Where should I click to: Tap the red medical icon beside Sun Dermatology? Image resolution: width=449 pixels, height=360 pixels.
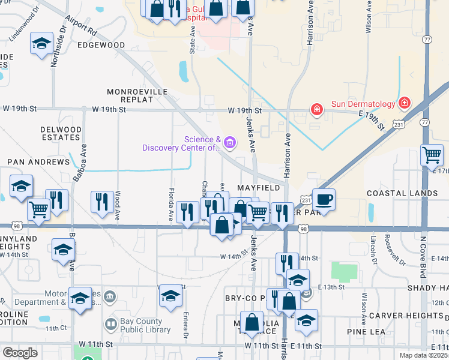click(x=405, y=103)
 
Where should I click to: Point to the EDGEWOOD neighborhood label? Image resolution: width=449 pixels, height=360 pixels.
click(x=101, y=45)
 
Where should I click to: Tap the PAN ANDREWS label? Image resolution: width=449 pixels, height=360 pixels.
click(x=38, y=162)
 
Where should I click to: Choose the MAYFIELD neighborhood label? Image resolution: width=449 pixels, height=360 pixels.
click(x=259, y=188)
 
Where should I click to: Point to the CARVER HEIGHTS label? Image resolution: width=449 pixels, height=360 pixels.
click(x=407, y=316)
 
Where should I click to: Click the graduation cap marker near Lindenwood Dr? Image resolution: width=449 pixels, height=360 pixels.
click(x=41, y=44)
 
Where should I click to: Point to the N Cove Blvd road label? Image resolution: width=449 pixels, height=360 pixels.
click(x=423, y=257)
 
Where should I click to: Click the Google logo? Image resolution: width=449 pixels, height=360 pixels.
click(x=20, y=353)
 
